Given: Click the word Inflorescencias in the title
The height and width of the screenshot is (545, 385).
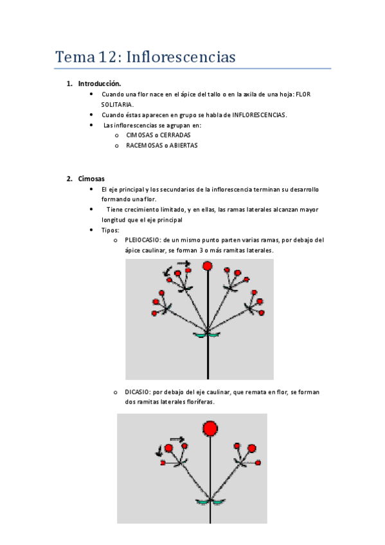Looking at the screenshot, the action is (181, 57).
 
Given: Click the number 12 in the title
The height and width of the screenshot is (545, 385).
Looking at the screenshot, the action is (107, 57).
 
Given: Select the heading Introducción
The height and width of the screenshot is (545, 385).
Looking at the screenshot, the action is (100, 84).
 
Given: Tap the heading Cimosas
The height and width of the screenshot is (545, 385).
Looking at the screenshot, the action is (91, 179).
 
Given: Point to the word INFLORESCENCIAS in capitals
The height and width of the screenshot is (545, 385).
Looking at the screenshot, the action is (259, 114).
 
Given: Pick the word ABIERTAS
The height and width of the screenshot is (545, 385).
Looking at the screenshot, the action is (183, 145).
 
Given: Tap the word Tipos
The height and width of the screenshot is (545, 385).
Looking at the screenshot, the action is (110, 230).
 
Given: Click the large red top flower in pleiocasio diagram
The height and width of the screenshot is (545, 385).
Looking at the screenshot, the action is (208, 266).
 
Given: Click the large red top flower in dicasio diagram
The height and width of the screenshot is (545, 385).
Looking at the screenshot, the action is (210, 429).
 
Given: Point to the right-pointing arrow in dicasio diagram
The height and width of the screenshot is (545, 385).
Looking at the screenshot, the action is (177, 439).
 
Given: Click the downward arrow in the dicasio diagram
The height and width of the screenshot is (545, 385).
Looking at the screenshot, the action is (159, 451).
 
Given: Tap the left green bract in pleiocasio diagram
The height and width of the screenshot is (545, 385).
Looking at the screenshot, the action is (200, 335).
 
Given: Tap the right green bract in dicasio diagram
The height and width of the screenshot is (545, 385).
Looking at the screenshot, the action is (219, 502).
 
